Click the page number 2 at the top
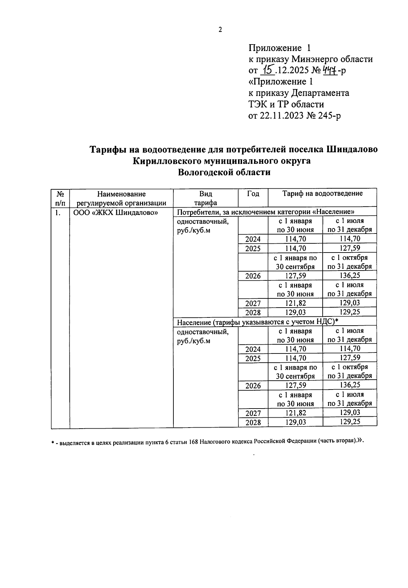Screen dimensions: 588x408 pos(220,30)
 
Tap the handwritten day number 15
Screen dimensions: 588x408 pos(268,70)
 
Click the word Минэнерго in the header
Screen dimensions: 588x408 pos(313,59)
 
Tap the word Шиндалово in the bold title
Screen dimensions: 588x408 pos(352,150)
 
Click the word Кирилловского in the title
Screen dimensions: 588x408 pos(170,161)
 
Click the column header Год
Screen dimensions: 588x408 pos(253,194)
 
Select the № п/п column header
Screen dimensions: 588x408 pos(60,198)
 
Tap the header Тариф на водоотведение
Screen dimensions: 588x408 pos(322,193)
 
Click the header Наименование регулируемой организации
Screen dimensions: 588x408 pos(121,198)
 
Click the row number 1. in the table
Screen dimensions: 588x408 pos(58,213)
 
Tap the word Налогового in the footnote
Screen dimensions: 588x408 pos(216,442)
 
